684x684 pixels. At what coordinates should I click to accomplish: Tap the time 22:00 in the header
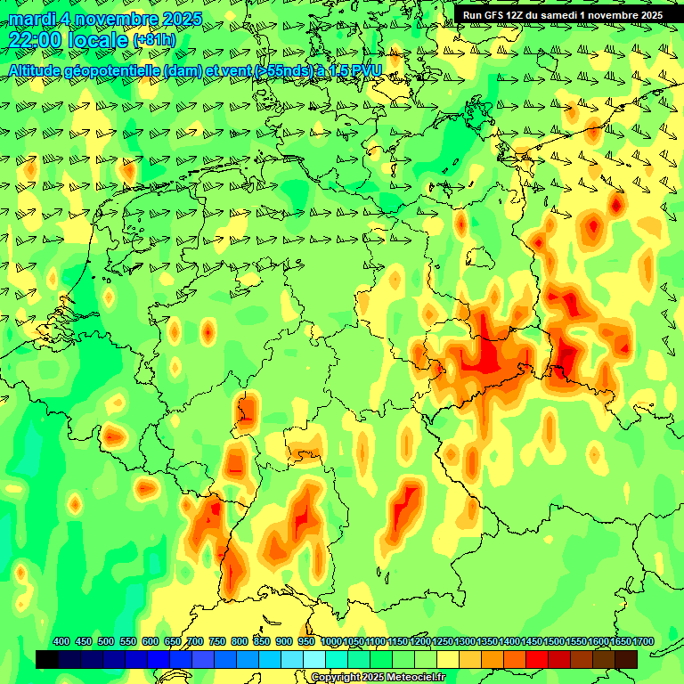point(35,39)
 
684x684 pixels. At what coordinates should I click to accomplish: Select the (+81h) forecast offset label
point(154,40)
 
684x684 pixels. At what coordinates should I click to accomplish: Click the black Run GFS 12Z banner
point(562,15)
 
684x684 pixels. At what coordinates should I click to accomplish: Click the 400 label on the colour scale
point(61,641)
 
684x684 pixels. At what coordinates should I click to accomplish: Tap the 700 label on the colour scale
point(195,641)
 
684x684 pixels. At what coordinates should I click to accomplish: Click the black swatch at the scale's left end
point(47,659)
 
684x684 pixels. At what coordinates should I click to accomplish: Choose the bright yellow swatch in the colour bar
point(448,659)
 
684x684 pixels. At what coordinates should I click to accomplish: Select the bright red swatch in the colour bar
point(537,659)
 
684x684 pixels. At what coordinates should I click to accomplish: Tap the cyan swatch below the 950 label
point(314,659)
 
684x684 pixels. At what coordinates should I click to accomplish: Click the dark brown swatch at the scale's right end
point(626,659)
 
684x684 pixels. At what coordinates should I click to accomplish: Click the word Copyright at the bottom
point(335,678)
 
